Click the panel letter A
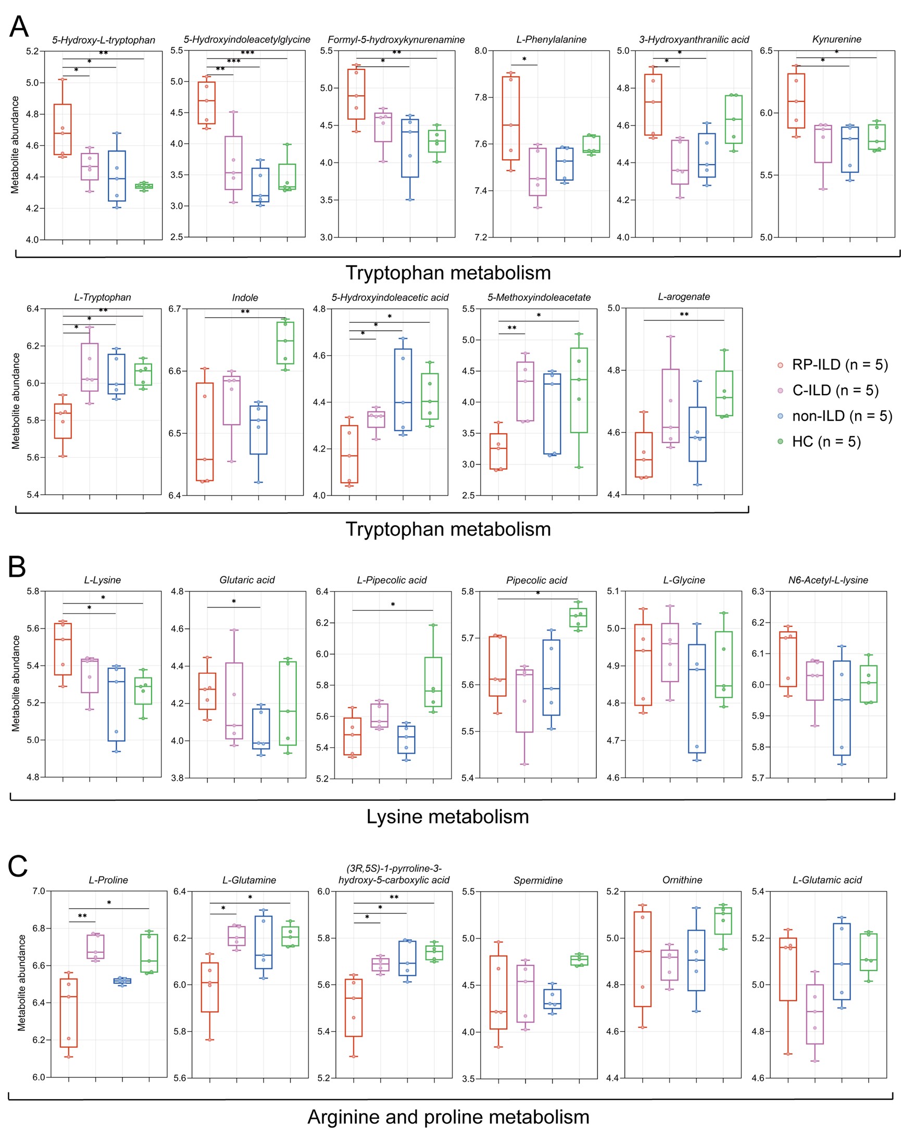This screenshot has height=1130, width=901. [19, 27]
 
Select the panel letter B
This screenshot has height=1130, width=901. [17, 567]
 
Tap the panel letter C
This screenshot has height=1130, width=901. [17, 866]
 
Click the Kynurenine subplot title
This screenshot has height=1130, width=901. [836, 40]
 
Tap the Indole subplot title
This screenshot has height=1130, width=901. [245, 298]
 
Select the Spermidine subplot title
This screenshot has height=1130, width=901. [538, 881]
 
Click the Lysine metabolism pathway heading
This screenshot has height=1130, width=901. [447, 817]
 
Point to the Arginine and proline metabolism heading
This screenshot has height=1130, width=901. [448, 1117]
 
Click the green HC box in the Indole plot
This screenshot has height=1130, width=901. [285, 342]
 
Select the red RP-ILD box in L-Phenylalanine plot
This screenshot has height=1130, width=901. [510, 118]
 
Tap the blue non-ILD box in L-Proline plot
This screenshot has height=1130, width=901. [122, 981]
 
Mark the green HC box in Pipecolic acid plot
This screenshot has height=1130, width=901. [578, 618]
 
